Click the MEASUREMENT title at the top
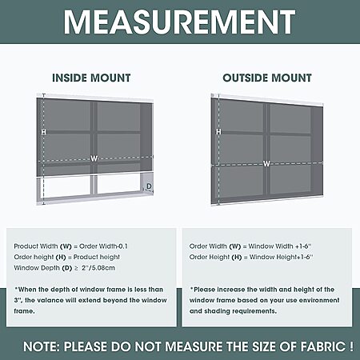click(179, 22)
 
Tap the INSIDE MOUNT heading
click(91, 78)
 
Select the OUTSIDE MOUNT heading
click(267, 78)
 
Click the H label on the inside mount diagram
click(43, 132)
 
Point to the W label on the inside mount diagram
click(94, 159)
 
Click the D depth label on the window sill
click(149, 186)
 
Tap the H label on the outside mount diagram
click(218, 131)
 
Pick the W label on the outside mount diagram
click(266, 164)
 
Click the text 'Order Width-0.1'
click(103, 246)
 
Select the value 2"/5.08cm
click(98, 268)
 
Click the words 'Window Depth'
click(37, 268)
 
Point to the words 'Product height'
click(97, 257)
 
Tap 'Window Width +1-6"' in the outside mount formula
click(280, 246)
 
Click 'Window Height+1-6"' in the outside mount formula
click(281, 257)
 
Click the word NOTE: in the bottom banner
click(42, 346)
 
